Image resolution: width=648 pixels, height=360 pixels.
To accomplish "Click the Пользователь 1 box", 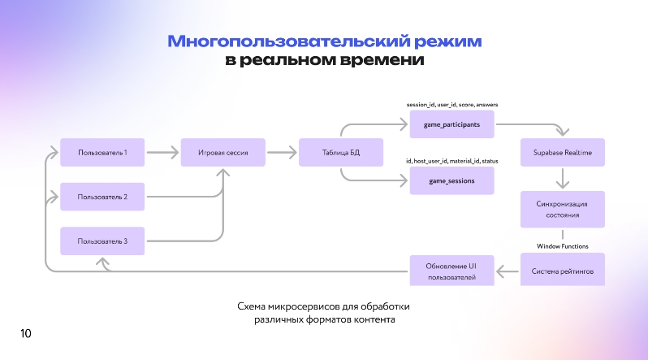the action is click(102, 152).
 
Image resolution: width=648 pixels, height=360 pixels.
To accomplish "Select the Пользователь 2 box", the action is click(102, 197).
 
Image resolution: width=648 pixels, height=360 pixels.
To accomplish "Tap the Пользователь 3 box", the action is click(102, 241).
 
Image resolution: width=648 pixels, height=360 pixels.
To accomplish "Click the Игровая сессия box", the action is click(223, 152).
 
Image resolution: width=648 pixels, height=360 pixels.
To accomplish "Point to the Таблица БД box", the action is click(341, 152).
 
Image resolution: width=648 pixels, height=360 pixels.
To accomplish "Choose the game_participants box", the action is click(452, 124).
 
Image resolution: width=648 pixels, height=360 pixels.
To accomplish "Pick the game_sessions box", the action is click(452, 180).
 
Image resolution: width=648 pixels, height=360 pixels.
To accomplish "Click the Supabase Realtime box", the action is click(563, 152).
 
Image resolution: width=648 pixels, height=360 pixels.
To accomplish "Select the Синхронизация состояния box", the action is click(563, 210).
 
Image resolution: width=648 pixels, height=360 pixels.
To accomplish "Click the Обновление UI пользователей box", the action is click(452, 271).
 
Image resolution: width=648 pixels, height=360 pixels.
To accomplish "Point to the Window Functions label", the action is click(563, 246).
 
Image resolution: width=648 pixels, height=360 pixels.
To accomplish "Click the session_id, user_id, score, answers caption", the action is click(452, 105).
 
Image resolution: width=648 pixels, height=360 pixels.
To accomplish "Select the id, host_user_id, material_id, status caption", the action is click(452, 161).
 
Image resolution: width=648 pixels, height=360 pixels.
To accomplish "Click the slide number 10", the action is click(26, 333).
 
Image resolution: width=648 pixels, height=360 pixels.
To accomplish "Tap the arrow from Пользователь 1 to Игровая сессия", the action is click(162, 152).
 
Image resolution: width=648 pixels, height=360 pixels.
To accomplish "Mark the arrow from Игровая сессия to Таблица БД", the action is click(282, 152).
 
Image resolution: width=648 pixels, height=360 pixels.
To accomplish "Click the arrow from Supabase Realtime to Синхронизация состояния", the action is click(563, 178).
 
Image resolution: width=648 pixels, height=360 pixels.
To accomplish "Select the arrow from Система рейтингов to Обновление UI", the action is click(507, 271).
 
